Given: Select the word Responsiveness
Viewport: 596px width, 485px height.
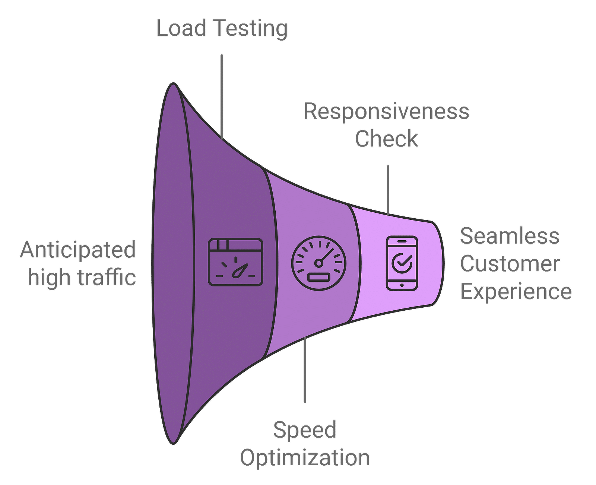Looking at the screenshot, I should click(x=386, y=111).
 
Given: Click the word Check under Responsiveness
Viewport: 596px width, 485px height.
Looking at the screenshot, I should click(x=387, y=139).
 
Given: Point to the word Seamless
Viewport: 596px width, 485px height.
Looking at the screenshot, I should click(x=510, y=236).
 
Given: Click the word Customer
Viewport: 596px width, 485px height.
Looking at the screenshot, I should click(x=510, y=264).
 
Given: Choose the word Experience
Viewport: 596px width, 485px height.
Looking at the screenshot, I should click(x=516, y=292).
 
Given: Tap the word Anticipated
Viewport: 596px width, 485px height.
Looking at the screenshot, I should click(x=78, y=250).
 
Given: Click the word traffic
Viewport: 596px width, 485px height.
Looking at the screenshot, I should click(x=110, y=278).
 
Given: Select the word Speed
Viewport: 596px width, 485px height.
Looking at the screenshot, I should click(x=305, y=429).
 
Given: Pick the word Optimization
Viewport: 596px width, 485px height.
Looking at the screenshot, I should click(x=305, y=457).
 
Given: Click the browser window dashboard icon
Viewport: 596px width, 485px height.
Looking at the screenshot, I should click(x=235, y=262).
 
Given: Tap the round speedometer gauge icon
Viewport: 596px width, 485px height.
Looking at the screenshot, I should click(x=318, y=263).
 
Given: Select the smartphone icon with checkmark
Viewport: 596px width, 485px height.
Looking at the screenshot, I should click(x=402, y=263).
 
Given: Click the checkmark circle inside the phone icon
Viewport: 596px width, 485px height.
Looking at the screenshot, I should click(x=402, y=262).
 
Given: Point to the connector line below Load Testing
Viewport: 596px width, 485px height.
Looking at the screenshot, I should click(x=222, y=97).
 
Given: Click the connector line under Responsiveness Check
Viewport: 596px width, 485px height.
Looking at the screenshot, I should click(x=388, y=190).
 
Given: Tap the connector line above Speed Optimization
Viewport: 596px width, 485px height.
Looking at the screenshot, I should click(x=305, y=369).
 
